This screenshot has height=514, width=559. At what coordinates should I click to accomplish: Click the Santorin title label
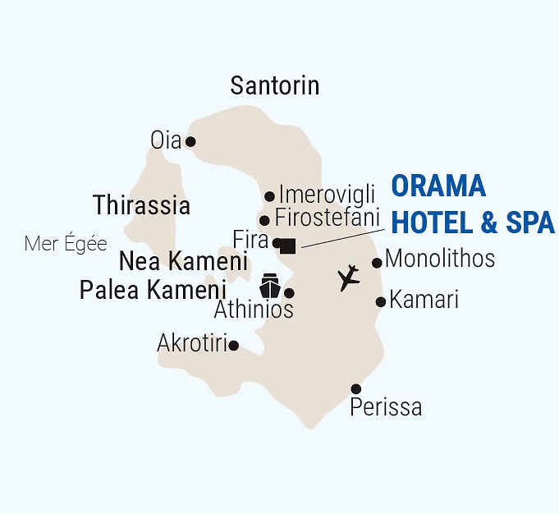(275, 85)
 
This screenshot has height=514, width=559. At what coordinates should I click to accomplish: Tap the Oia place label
(165, 140)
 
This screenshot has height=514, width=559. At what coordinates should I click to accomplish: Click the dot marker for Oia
(190, 141)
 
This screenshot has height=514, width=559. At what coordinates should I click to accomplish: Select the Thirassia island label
(142, 205)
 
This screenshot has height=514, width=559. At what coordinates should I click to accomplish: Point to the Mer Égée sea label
(66, 244)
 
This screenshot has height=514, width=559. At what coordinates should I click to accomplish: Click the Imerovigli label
(327, 195)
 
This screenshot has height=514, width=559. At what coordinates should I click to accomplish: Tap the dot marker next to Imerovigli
(269, 196)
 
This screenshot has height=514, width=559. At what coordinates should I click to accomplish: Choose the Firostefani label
(328, 218)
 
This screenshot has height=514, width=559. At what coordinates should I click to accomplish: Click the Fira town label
(251, 240)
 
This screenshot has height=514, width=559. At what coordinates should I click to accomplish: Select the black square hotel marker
(287, 244)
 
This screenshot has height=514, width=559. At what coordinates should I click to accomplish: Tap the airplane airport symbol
(350, 278)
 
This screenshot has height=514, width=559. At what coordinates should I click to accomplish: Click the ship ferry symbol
(270, 286)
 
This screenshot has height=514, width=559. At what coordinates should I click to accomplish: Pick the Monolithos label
(440, 259)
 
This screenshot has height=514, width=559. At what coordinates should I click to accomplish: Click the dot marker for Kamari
(381, 301)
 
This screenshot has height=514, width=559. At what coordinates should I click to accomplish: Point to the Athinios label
(254, 310)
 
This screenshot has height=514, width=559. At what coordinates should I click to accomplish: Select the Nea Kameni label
(183, 262)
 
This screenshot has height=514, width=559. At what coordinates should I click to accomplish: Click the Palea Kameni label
(153, 290)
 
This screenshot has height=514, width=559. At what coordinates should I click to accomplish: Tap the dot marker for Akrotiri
(234, 346)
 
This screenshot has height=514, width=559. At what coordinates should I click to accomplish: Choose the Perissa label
(386, 406)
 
